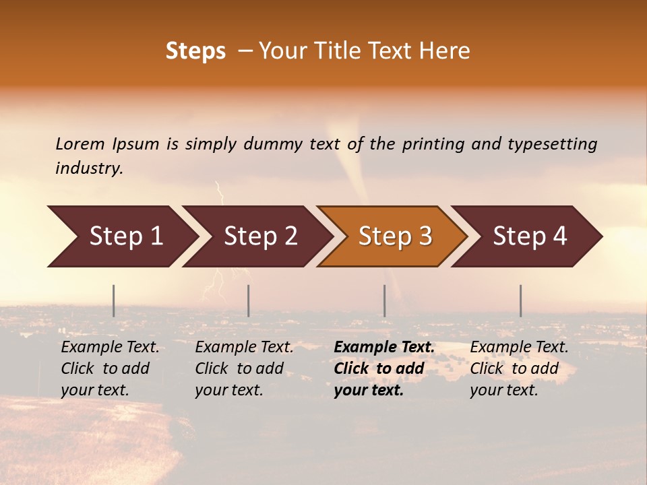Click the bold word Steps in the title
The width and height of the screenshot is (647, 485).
tap(195, 51)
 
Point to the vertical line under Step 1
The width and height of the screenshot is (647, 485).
tap(114, 300)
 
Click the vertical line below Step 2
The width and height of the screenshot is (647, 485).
tap(249, 300)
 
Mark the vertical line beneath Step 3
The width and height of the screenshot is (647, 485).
tap(385, 300)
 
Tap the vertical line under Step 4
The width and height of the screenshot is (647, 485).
tap(520, 300)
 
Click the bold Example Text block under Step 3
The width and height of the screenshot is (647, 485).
tap(383, 368)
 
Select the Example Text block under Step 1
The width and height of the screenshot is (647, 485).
tap(110, 368)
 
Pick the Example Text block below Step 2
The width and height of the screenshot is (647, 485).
tap(244, 368)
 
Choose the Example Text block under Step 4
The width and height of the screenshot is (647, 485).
tap(519, 368)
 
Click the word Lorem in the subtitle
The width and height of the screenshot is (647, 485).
tap(80, 144)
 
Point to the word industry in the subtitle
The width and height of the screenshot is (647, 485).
tap(89, 168)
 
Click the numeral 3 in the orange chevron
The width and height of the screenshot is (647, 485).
tap(425, 236)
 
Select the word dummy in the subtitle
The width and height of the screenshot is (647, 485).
tap(273, 144)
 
